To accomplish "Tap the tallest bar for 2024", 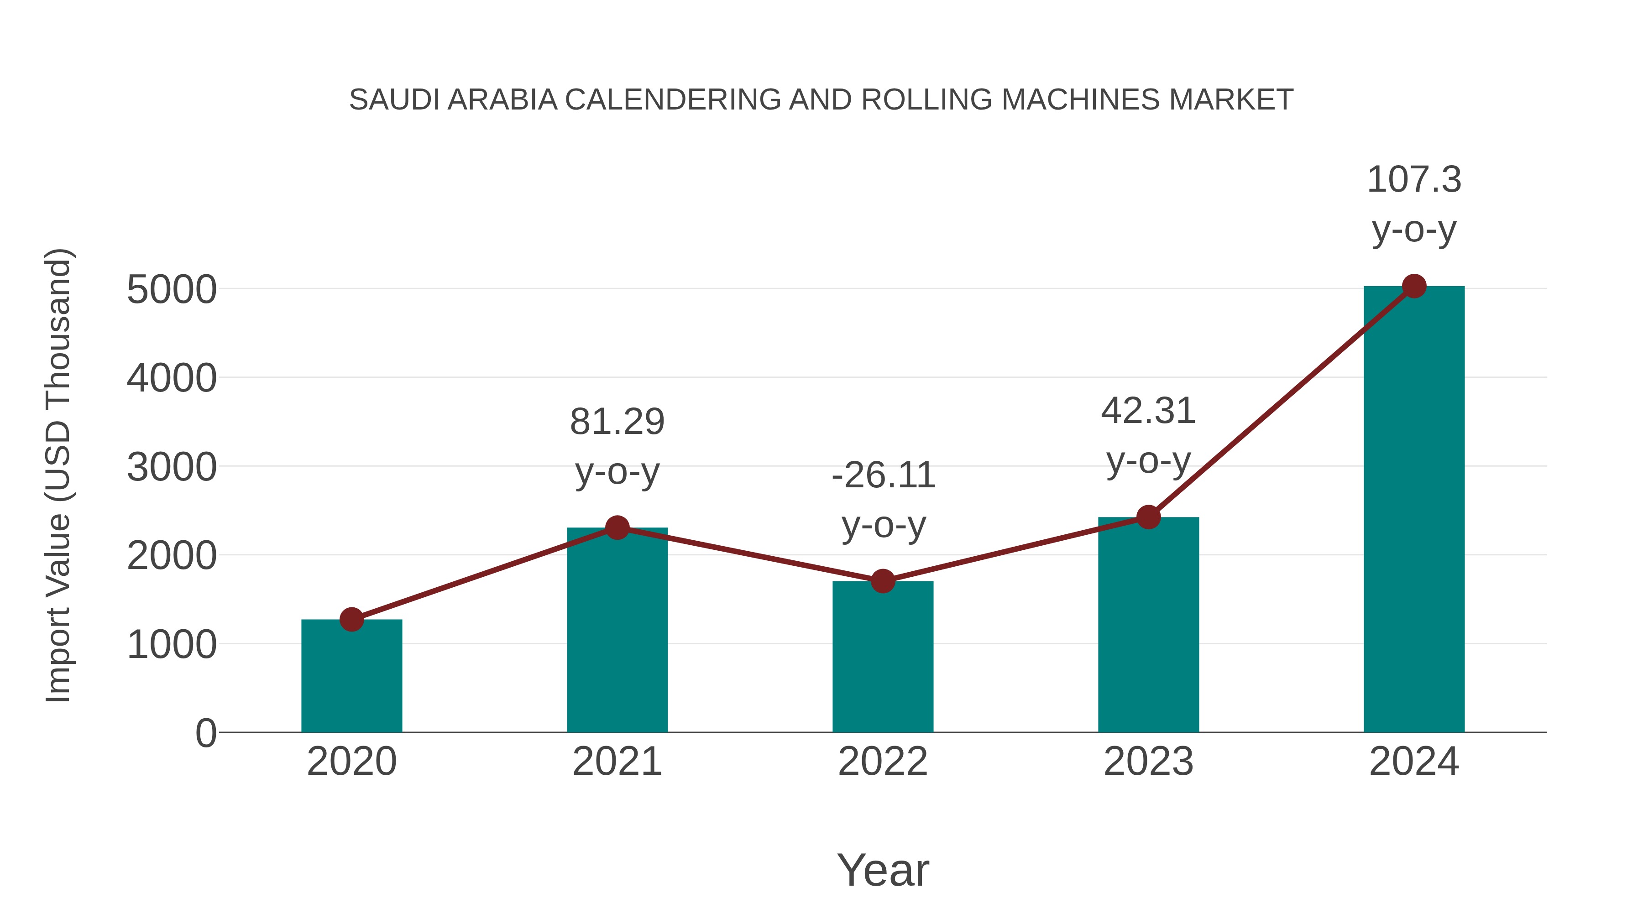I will tap(1414, 510).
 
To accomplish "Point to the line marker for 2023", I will tap(1148, 517).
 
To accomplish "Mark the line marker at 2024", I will tap(1414, 286).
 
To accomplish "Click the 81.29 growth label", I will tap(617, 422).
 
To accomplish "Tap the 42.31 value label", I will tap(1148, 411).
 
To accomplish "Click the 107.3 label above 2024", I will tap(1414, 180).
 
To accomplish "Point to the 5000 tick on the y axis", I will tap(172, 290).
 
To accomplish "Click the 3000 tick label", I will tap(172, 467).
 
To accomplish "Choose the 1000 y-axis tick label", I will tap(172, 645).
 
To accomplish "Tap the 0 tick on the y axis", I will tap(206, 733).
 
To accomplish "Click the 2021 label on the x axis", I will tap(617, 762).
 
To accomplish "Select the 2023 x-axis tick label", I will tap(1148, 762).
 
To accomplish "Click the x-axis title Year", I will tap(883, 870).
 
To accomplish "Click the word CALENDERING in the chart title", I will tap(672, 100).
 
